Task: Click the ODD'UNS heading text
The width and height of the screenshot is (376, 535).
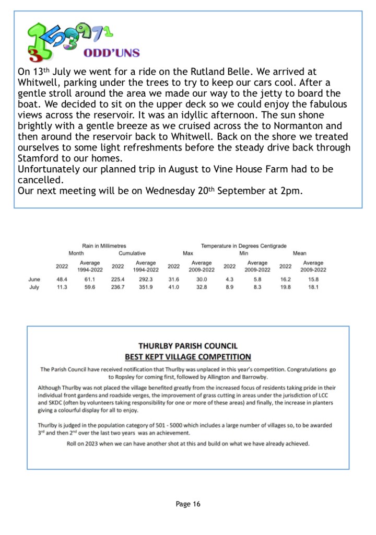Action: pyautogui.click(x=112, y=53)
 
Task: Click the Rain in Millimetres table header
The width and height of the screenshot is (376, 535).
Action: pyautogui.click(x=104, y=246)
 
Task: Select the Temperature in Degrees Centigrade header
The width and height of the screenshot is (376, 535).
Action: pyautogui.click(x=243, y=246)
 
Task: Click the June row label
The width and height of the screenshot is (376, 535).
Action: pyautogui.click(x=34, y=280)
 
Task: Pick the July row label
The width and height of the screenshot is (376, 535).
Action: pyautogui.click(x=34, y=287)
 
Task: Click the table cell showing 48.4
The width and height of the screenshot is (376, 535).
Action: pyautogui.click(x=62, y=280)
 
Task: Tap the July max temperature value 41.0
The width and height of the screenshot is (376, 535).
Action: pyautogui.click(x=173, y=287)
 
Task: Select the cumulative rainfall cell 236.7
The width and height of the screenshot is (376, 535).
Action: pyautogui.click(x=118, y=287)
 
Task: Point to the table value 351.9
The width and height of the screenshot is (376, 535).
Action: pyautogui.click(x=145, y=287)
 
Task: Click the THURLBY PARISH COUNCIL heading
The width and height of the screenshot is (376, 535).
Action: pyautogui.click(x=188, y=346)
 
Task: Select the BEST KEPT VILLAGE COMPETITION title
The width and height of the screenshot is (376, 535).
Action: pyautogui.click(x=188, y=357)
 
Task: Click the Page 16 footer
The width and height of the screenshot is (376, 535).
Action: pyautogui.click(x=188, y=504)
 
